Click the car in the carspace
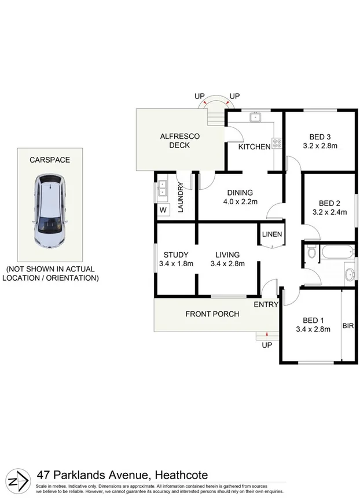click(49, 212)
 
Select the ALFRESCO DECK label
click(179, 141)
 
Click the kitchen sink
click(255, 117)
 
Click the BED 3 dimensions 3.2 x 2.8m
click(319, 146)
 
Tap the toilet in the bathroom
click(311, 252)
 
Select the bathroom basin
click(349, 274)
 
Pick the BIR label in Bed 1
click(348, 326)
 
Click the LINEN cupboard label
click(271, 234)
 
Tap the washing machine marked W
click(163, 209)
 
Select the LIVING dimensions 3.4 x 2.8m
click(227, 264)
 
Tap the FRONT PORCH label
click(212, 314)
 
